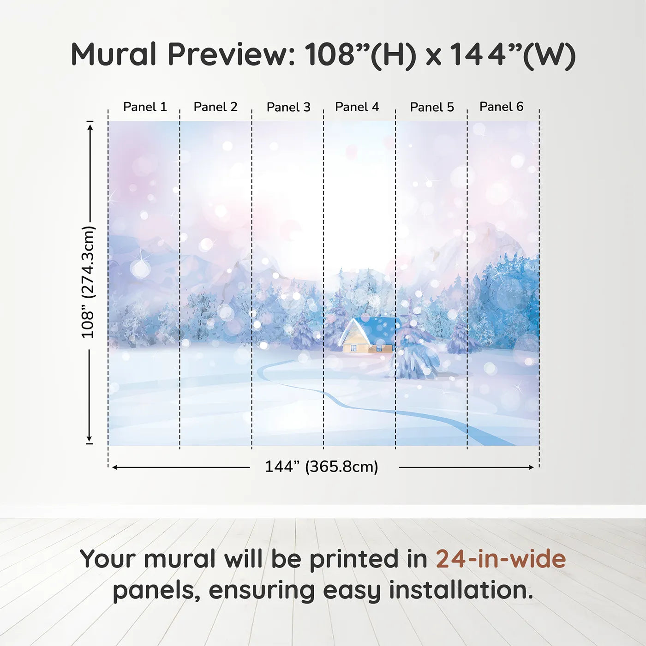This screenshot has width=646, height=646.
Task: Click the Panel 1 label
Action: [144, 107]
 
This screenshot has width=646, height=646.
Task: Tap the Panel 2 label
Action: [215, 107]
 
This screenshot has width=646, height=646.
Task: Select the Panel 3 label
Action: [288, 107]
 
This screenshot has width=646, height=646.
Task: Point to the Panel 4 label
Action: [357, 107]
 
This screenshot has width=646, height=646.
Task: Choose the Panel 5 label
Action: [432, 107]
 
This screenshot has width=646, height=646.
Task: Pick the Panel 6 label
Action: [501, 107]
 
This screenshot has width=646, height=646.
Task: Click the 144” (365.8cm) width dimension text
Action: [321, 467]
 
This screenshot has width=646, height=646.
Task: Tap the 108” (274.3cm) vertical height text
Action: [88, 282]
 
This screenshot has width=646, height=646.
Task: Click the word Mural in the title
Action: [114, 54]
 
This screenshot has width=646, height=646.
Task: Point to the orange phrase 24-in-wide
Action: [501, 559]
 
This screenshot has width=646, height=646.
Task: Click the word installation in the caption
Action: [461, 590]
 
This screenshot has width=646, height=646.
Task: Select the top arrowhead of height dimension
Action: [90, 126]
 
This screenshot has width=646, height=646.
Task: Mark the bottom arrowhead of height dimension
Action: [90, 439]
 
